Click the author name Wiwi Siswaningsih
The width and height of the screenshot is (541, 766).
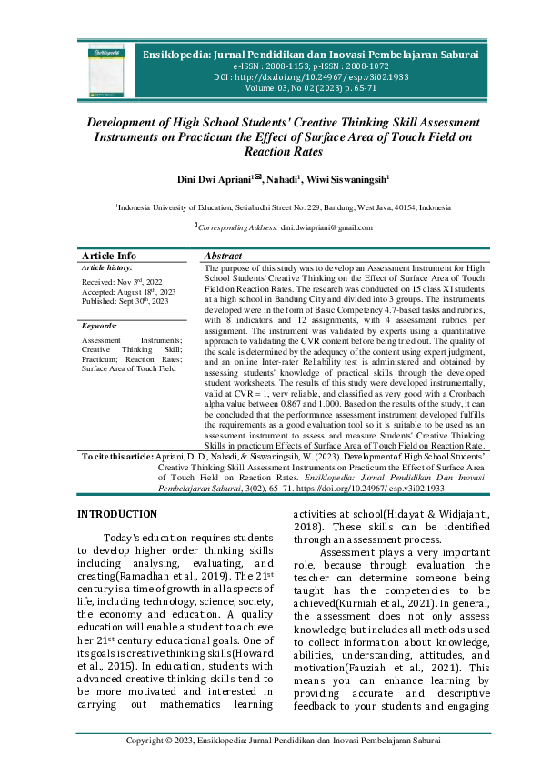[348, 180]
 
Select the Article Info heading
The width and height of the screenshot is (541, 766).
[109, 257]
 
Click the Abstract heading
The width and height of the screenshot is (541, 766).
[224, 257]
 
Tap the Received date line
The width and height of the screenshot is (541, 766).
[122, 283]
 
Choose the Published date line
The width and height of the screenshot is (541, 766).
[125, 301]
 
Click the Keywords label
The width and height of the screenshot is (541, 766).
[99, 325]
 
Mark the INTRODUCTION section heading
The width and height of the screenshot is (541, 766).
[117, 515]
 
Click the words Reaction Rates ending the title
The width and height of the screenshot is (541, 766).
[270, 152]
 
